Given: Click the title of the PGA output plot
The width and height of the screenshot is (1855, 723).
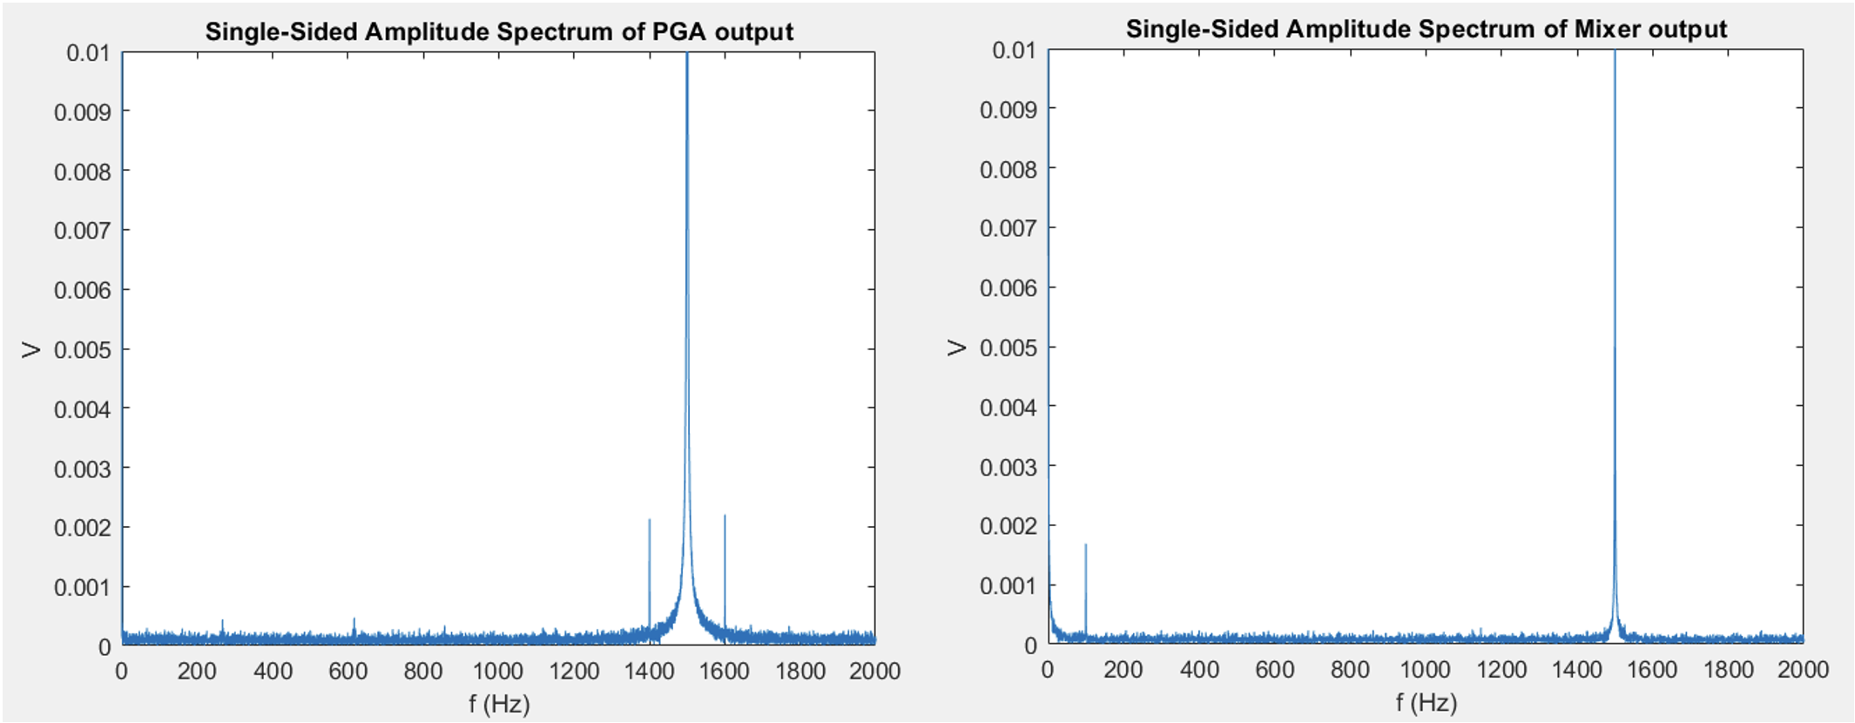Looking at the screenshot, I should (499, 32).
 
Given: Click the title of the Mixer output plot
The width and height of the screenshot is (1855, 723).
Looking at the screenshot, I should (1426, 30).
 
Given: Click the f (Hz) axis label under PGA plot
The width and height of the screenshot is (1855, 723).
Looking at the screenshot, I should (499, 704).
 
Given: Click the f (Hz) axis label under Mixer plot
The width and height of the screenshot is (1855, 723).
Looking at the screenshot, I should (1426, 702).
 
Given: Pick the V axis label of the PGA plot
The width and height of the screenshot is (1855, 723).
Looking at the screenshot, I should (31, 350).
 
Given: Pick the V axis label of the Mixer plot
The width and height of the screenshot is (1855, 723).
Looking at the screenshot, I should (957, 348).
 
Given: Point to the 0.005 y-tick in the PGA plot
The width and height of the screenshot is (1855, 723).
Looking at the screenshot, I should (83, 350).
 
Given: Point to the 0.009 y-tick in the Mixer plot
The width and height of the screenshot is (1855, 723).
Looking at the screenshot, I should (1008, 110).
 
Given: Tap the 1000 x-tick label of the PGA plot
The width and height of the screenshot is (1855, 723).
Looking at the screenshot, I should (498, 671).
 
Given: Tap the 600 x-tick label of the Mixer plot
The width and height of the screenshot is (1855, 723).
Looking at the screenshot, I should (1274, 669).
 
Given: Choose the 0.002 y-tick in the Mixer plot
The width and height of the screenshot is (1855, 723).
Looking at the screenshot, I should (1008, 526).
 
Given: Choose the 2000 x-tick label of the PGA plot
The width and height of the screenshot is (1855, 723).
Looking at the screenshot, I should (874, 671).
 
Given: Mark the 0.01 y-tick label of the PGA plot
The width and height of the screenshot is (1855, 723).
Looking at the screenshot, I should (88, 53).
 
